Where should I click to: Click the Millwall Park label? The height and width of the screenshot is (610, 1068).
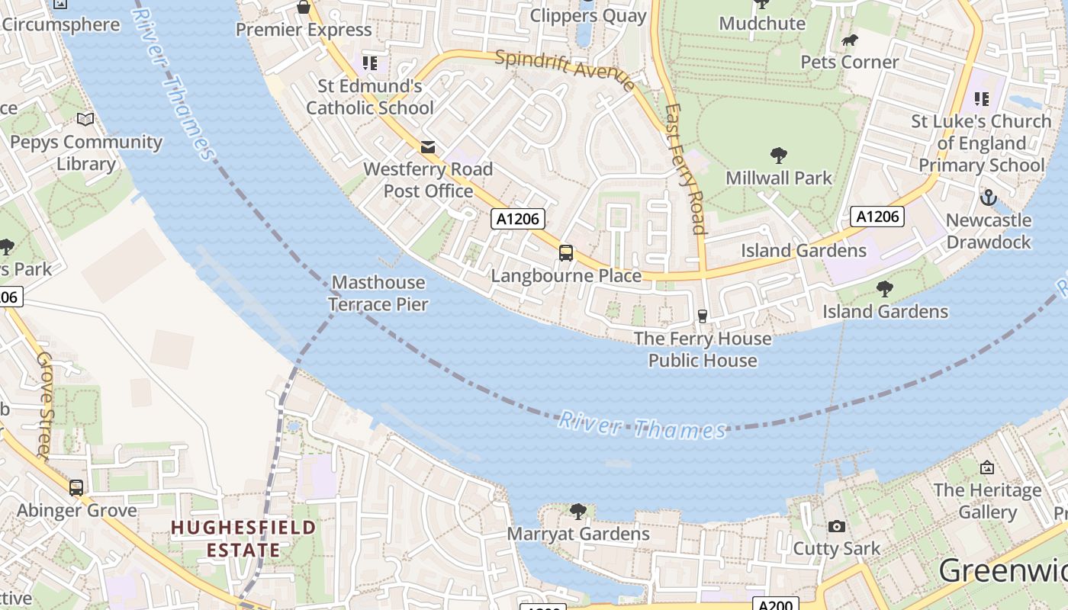(779, 178)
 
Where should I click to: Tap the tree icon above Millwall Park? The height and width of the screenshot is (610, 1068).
(779, 156)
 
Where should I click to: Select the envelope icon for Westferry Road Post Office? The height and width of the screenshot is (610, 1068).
(428, 146)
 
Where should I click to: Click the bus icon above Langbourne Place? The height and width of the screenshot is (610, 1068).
(565, 253)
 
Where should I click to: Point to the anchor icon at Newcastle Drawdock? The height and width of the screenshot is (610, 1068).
(988, 197)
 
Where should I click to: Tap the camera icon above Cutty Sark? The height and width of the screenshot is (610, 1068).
(837, 526)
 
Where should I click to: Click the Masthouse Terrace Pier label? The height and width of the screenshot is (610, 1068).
(378, 294)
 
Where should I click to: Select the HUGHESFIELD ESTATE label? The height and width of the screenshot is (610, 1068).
(243, 538)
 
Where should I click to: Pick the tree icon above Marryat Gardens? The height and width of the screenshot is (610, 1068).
(578, 511)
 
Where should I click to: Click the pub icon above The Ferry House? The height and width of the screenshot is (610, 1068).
(703, 316)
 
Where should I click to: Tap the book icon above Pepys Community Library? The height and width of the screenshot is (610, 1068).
(86, 120)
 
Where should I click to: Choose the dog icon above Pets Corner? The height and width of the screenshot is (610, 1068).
(849, 40)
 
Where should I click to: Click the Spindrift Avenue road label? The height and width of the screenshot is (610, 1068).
(565, 70)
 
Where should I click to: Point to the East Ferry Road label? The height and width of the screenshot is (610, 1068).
(685, 168)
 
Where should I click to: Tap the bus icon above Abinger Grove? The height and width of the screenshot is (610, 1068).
(76, 487)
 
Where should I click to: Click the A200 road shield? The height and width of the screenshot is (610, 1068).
(776, 605)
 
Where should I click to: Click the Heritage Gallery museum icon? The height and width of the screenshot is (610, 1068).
(987, 467)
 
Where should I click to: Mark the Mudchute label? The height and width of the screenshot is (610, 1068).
(762, 23)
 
